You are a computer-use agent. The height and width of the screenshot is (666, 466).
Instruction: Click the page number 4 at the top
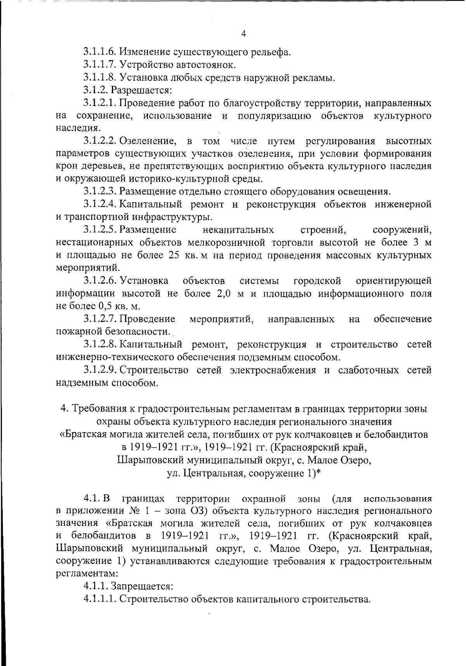(243, 34)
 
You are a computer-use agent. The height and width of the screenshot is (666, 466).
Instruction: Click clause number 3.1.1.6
(99, 52)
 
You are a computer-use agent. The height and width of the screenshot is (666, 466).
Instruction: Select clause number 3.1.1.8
(99, 77)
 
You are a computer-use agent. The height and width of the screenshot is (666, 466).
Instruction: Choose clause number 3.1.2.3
(100, 191)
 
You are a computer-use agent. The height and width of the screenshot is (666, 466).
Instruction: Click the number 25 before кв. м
(175, 256)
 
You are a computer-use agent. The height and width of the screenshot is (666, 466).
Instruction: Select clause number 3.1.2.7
(100, 319)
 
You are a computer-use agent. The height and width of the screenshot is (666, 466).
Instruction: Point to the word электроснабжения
(274, 370)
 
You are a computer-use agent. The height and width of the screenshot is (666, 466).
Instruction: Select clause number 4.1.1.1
(100, 599)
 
